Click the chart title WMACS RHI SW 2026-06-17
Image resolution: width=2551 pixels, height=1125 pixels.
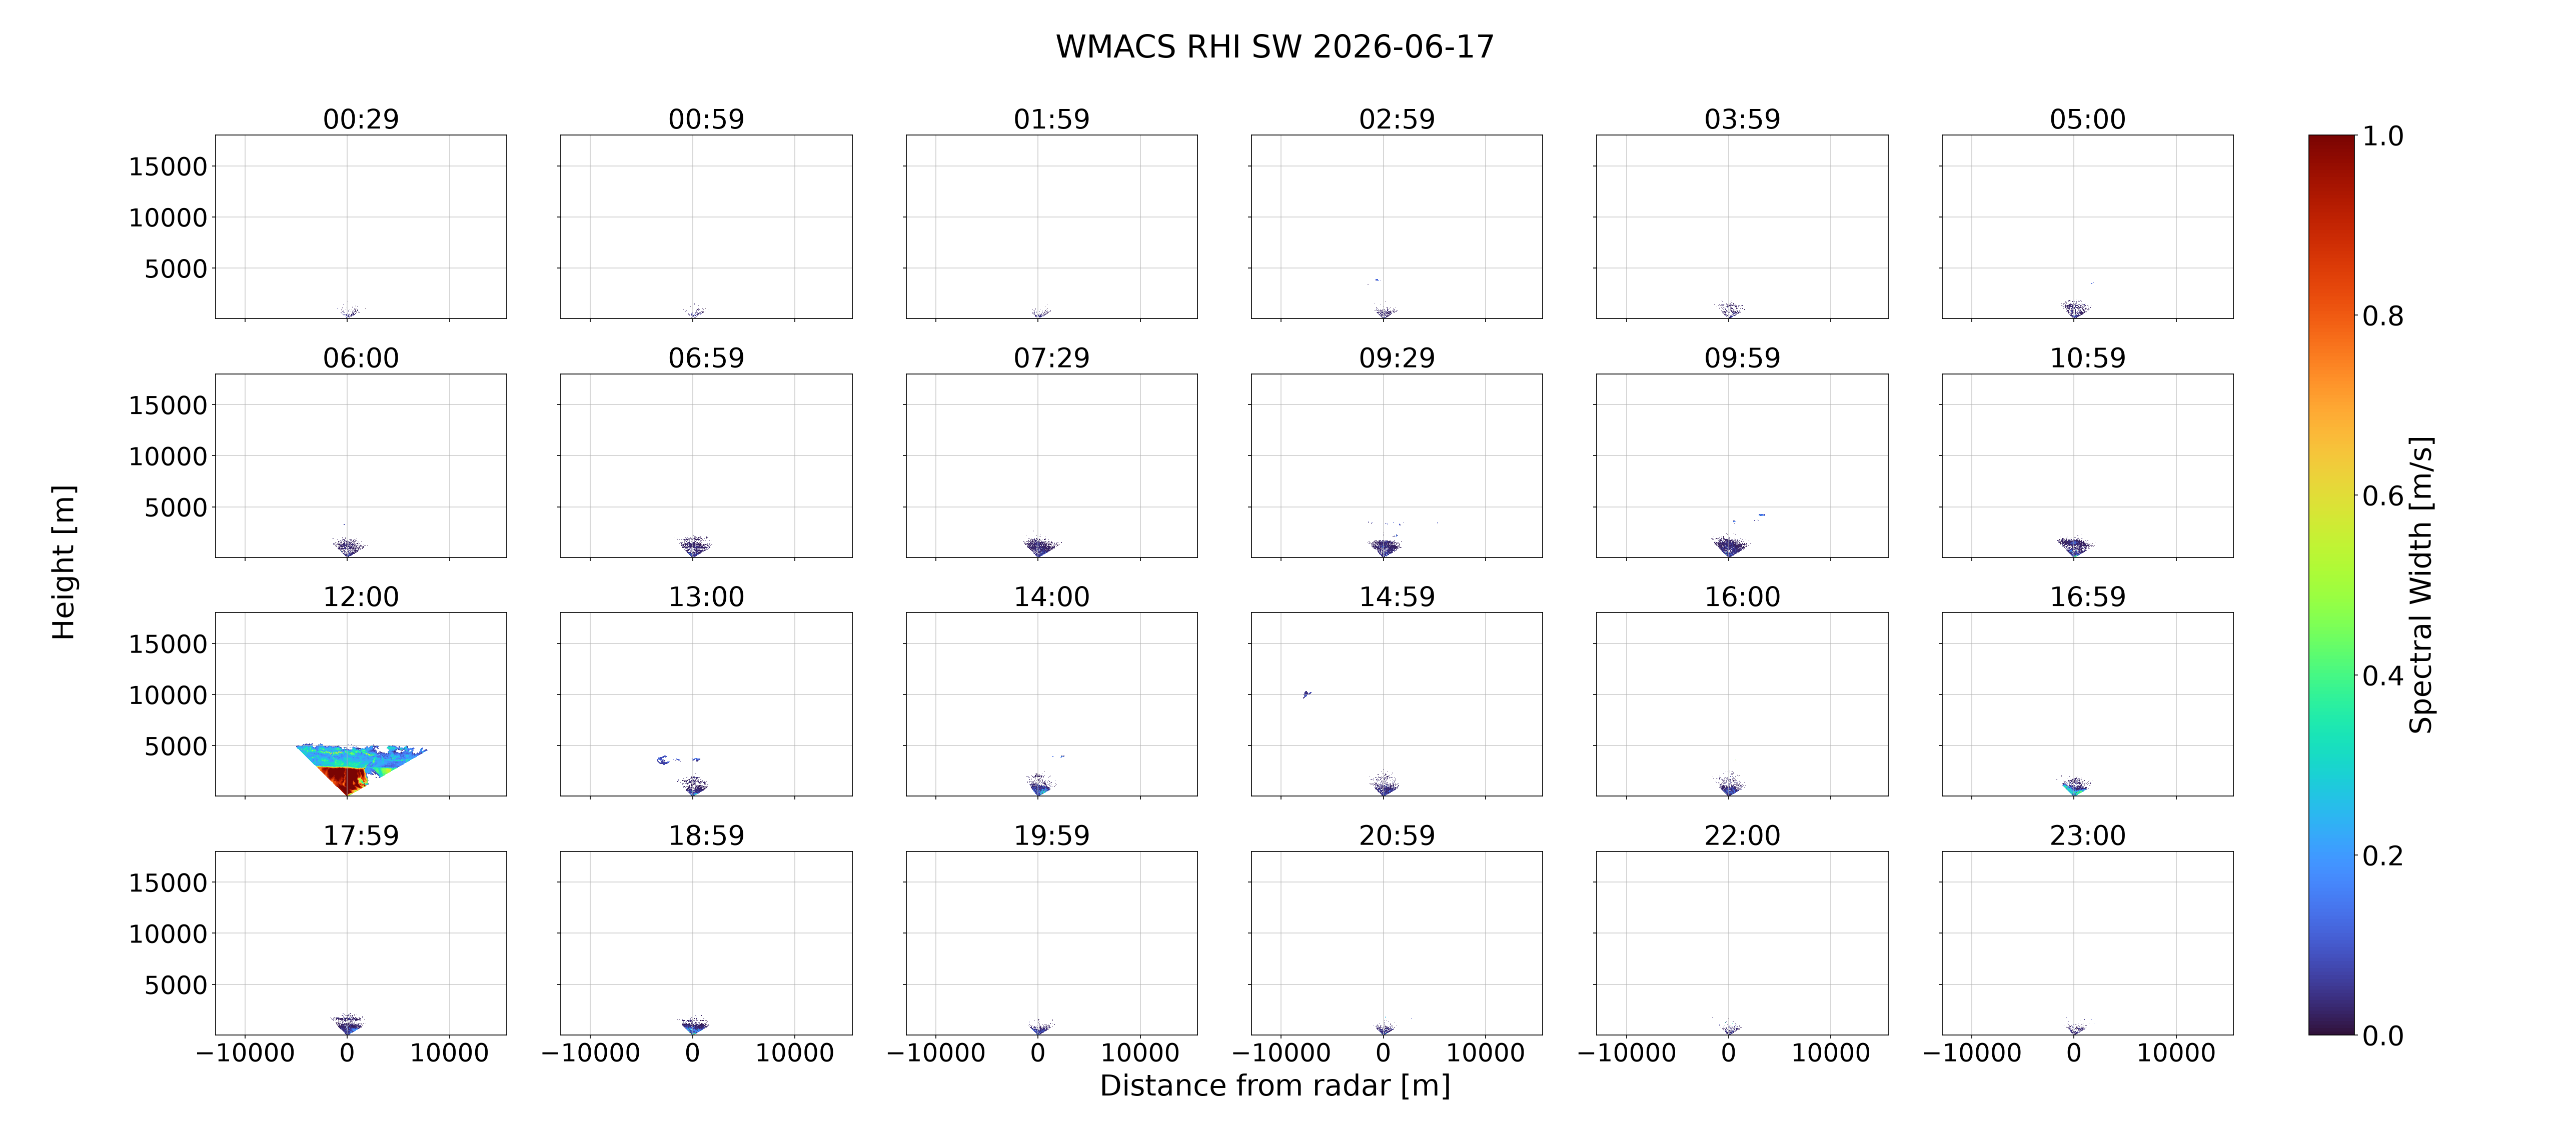(1274, 46)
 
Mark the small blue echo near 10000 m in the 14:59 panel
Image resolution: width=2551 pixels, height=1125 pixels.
(1306, 694)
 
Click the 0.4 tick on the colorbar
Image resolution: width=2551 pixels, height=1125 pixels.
(2382, 675)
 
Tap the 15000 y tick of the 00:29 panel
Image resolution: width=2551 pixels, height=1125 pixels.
(169, 166)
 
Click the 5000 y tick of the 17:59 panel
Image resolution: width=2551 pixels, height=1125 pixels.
(176, 984)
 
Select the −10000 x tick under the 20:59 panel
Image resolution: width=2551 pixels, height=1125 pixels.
(1282, 1052)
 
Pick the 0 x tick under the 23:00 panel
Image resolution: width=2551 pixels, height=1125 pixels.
(2074, 1052)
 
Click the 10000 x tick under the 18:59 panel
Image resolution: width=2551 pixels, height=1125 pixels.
(794, 1052)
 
